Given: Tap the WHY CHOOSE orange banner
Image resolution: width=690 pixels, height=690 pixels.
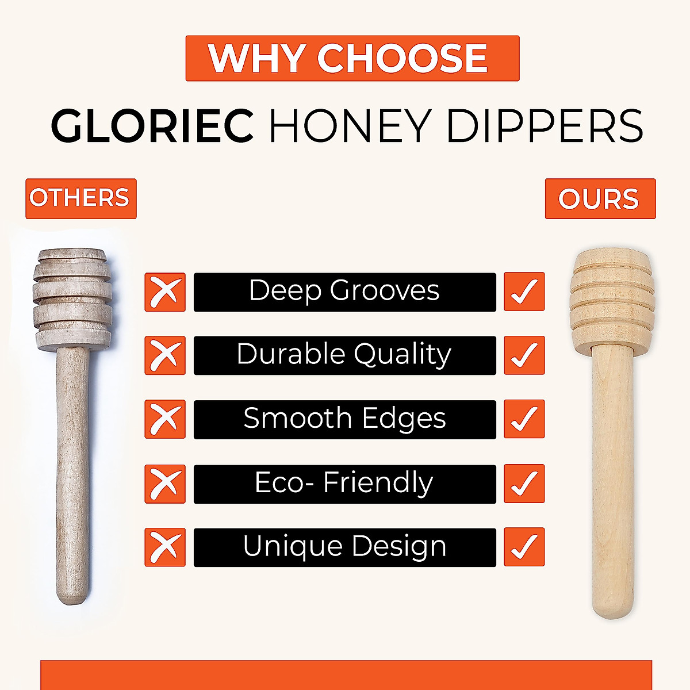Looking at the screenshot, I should coord(352,58).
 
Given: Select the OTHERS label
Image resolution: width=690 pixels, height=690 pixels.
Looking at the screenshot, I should coord(80,198).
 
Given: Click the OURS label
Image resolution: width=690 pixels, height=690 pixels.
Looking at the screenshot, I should coord(600,199).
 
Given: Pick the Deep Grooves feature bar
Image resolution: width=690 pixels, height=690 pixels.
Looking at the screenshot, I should coord(344,292).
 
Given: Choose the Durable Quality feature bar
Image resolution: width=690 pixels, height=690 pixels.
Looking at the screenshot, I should coord(344,355).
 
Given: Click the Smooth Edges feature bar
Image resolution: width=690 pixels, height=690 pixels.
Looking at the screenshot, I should coord(344,419).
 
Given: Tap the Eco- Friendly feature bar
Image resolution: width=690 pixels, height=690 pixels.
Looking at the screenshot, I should coord(344,484).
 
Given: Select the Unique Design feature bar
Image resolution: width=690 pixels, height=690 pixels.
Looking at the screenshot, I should coord(344,547).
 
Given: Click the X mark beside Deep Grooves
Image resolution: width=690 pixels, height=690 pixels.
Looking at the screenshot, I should coord(165,292).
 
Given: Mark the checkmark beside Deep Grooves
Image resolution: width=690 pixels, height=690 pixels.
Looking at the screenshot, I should coord(524,292).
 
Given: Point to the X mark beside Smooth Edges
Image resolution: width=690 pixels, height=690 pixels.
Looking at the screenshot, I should coord(165,419).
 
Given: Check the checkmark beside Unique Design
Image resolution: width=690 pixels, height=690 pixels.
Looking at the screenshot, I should coord(524,547).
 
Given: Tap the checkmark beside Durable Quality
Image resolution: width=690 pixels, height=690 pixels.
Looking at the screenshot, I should coord(524,355).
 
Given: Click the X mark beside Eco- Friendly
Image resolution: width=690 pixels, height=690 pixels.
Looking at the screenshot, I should coord(165,484).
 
